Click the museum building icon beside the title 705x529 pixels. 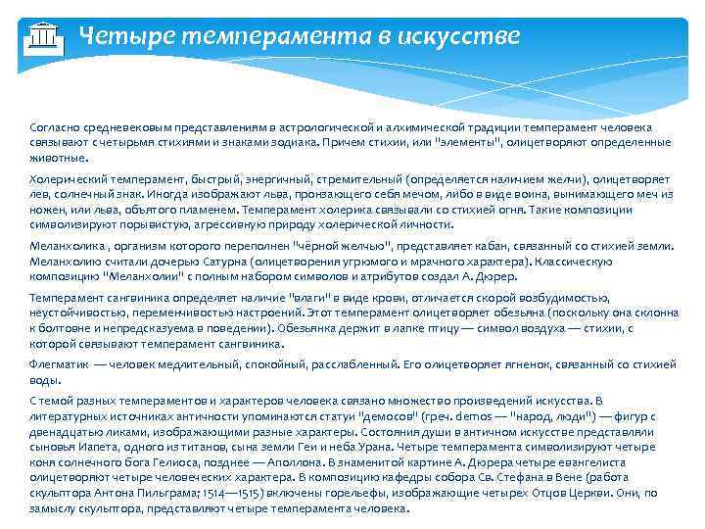[40, 36]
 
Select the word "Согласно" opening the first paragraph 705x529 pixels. [56, 128]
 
